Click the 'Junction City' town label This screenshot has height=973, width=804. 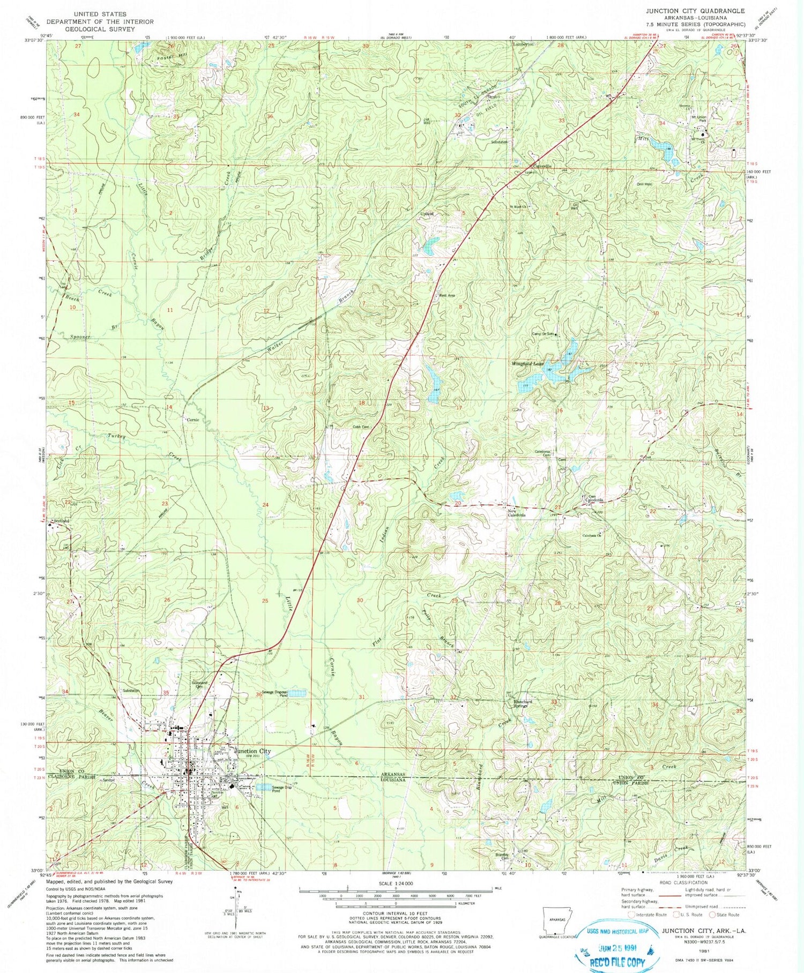coord(250,751)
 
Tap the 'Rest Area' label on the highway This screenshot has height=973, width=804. coord(446,295)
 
